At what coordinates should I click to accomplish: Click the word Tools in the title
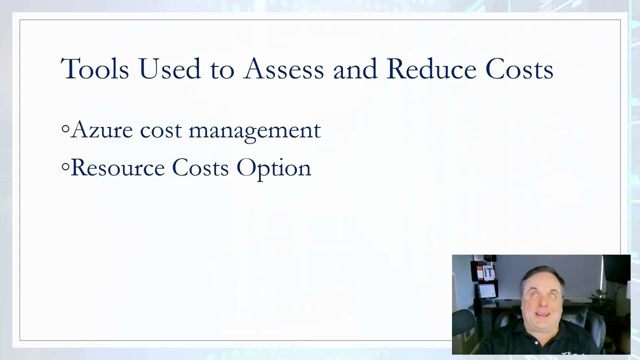pos(94,68)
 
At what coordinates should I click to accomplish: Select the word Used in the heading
pos(169,68)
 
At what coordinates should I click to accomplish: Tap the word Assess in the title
pos(283,68)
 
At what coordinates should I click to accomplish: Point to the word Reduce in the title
pos(431,68)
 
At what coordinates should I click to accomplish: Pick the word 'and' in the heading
pos(355,68)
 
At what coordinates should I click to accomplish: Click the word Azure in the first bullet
pos(102,130)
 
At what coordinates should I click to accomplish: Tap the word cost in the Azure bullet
pos(160,130)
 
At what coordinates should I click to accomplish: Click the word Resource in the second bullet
pos(117,167)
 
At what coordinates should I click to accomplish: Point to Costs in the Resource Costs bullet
pos(200,167)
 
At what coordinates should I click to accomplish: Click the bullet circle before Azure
pos(65,129)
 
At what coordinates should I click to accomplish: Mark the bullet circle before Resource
pos(65,167)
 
